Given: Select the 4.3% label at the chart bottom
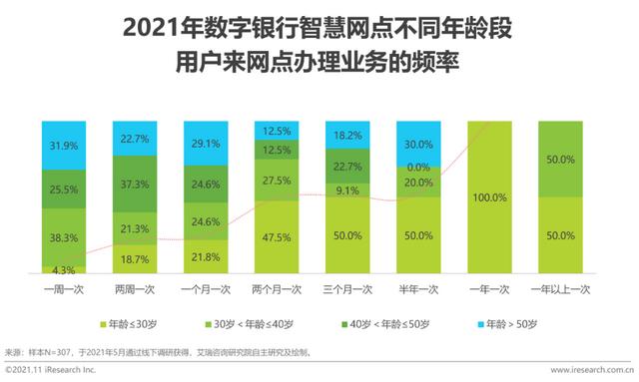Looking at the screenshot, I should click(63, 268).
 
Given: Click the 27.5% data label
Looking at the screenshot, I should click(275, 181).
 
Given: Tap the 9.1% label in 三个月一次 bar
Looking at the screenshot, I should click(346, 191).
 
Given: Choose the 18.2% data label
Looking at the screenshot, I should click(346, 135).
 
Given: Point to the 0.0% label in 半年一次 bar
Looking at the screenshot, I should click(419, 168).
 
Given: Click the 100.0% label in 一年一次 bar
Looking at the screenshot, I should click(490, 198).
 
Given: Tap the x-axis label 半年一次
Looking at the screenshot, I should click(419, 289).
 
